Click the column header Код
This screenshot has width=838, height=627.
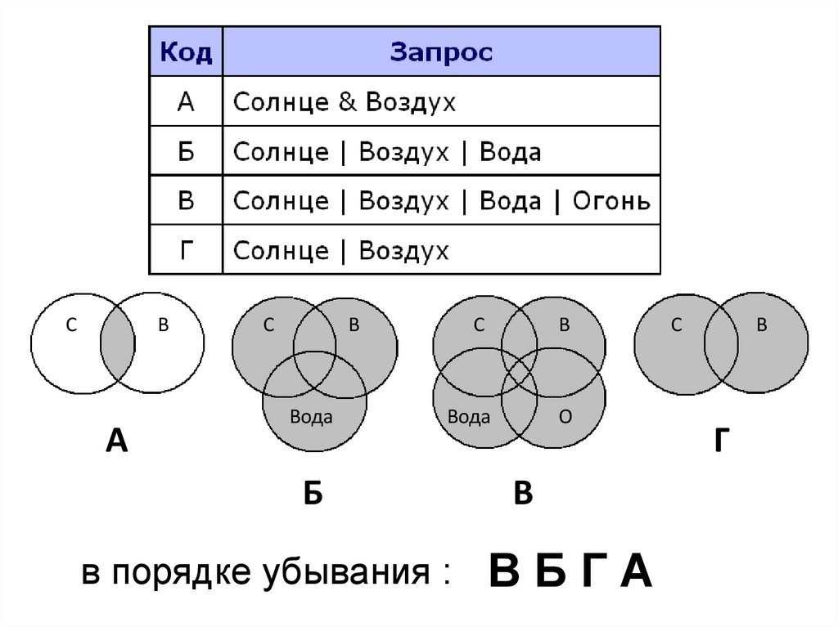pyautogui.click(x=186, y=53)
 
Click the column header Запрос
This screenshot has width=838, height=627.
pyautogui.click(x=441, y=53)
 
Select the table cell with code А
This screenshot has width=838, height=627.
pyautogui.click(x=186, y=102)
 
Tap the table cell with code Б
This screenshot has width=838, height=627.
pyautogui.click(x=186, y=151)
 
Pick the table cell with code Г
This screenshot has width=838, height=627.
pyautogui.click(x=186, y=249)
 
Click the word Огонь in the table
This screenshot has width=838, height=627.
pyautogui.click(x=611, y=200)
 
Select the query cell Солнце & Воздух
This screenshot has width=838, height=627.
pyautogui.click(x=345, y=102)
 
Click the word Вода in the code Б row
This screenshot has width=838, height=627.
pyautogui.click(x=510, y=152)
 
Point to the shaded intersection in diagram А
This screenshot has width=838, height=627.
pyautogui.click(x=117, y=341)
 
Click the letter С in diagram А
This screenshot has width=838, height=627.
pyautogui.click(x=72, y=325)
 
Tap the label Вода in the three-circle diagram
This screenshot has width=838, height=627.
pyautogui.click(x=311, y=418)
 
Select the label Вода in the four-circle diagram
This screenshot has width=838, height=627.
pyautogui.click(x=469, y=418)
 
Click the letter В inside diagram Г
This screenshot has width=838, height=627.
pyautogui.click(x=761, y=325)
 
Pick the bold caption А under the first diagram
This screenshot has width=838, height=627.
pyautogui.click(x=117, y=441)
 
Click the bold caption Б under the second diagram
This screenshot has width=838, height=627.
pyautogui.click(x=313, y=494)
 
